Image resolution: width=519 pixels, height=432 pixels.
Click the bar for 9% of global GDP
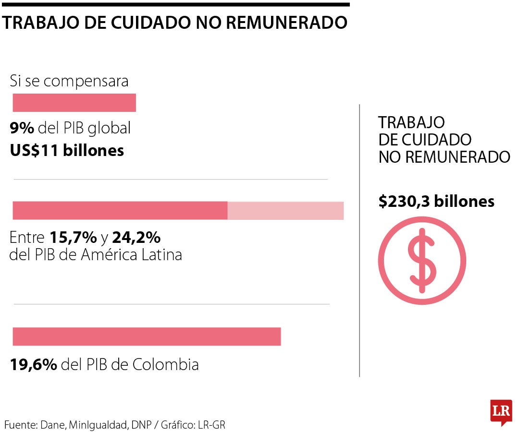[74, 103]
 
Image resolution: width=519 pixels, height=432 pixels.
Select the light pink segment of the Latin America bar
[285, 211]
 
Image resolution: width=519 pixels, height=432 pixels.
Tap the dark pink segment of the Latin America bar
[120, 211]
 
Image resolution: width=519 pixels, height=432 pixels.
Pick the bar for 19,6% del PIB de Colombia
[147, 336]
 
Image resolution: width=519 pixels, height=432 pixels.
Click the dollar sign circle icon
[421, 261]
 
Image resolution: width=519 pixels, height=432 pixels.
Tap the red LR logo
[501, 412]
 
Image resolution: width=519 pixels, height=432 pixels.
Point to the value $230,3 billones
[436, 202]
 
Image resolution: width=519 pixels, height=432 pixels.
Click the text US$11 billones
[67, 151]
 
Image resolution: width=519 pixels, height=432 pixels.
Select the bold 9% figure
[22, 128]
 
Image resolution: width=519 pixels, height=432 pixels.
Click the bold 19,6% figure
[34, 364]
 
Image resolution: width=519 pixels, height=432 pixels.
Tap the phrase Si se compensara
[69, 81]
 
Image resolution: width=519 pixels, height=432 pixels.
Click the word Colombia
[165, 364]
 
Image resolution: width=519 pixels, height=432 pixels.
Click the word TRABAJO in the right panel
[411, 122]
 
